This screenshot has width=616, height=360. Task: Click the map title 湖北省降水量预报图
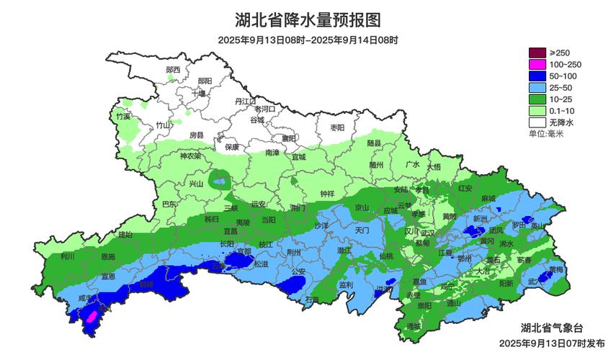pos(308,19)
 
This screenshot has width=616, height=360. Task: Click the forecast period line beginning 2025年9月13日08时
pos(308,41)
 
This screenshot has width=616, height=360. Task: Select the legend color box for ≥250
pos(537,53)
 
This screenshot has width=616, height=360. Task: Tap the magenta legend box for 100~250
pos(537,65)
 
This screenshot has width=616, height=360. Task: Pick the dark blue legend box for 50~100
pos(537,76)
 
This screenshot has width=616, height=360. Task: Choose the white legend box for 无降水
pos(537,122)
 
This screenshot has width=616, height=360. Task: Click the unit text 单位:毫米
pos(547,134)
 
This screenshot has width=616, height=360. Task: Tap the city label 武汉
pos(427,232)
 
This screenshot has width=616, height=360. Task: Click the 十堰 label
pos(199,93)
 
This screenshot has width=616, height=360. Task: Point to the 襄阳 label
pos(289,138)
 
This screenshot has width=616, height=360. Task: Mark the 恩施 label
pos(108,256)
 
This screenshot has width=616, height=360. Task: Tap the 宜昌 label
pos(230,231)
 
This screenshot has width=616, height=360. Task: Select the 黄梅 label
pos(555,270)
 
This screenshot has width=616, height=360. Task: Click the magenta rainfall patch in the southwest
pos(91,315)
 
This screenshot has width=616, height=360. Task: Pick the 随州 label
pos(376,164)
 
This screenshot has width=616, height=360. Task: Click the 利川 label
pos(68,256)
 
